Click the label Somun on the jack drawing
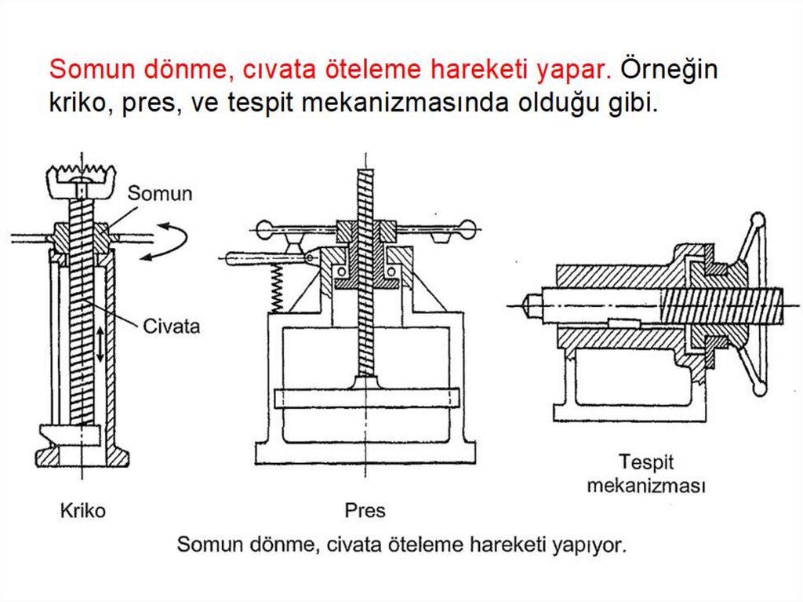pyautogui.click(x=159, y=193)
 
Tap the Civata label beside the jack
pyautogui.click(x=171, y=327)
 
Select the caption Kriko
pyautogui.click(x=82, y=510)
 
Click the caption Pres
pyautogui.click(x=365, y=510)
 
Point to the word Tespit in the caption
pyautogui.click(x=646, y=462)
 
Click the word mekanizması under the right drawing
pyautogui.click(x=646, y=485)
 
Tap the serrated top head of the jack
pyautogui.click(x=82, y=181)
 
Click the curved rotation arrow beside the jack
pyautogui.click(x=165, y=241)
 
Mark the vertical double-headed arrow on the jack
pyautogui.click(x=101, y=344)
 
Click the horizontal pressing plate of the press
pyautogui.click(x=366, y=399)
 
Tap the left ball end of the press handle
pyautogui.click(x=264, y=228)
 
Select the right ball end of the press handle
pyautogui.click(x=467, y=228)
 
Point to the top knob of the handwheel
pyautogui.click(x=758, y=220)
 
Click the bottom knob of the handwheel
pyautogui.click(x=760, y=389)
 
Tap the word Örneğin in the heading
pyautogui.click(x=669, y=70)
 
